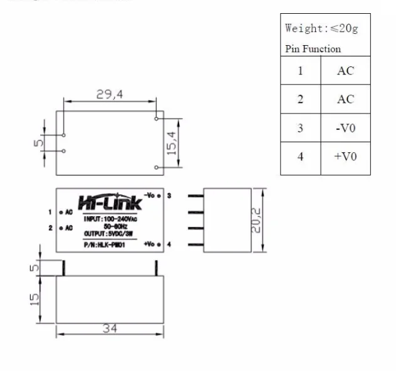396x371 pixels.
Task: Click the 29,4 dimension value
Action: [109, 94]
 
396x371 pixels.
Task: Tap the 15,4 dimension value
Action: [172, 143]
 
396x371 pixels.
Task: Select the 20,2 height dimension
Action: [256, 220]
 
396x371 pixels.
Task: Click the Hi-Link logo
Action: [110, 202]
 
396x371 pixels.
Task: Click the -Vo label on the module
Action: [149, 195]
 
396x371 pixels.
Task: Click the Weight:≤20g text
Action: [321, 28]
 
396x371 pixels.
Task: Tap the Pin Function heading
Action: [313, 49]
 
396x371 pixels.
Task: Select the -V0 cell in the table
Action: [345, 128]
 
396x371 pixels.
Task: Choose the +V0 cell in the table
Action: [345, 156]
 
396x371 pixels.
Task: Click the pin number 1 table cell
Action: [300, 71]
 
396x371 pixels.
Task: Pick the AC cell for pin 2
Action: [345, 99]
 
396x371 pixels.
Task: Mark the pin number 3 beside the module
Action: [169, 196]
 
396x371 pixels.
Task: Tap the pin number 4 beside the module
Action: [169, 244]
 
